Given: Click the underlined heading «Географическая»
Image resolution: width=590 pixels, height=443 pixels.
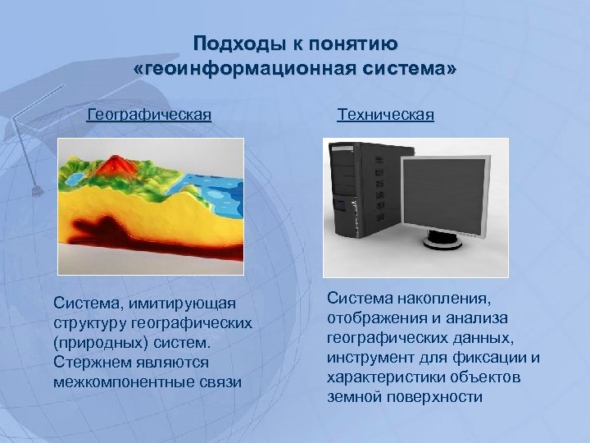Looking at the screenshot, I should click(149, 115).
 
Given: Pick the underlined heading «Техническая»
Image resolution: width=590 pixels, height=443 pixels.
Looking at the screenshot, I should click(385, 115).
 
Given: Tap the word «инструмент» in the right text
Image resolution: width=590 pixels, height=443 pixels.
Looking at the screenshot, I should click(369, 358).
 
